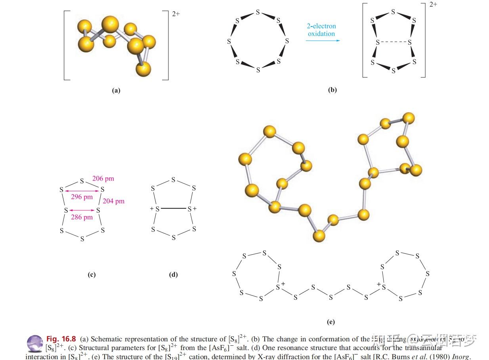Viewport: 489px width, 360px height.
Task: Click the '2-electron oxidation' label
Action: pos(321,30)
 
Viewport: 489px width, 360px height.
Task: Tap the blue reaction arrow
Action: pos(323,40)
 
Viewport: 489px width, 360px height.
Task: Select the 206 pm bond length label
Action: pos(103,179)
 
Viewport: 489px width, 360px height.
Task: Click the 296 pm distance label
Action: pos(82,197)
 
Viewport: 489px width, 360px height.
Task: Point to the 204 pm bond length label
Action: pos(114,201)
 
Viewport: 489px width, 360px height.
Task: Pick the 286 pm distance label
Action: pos(82,217)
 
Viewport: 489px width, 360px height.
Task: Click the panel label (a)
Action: pos(116,90)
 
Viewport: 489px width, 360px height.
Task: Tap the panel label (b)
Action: pos(332,90)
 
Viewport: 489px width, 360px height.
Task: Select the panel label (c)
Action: pos(92,275)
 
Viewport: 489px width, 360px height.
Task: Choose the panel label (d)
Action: pos(173,275)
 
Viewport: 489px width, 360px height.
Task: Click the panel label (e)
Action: pos(331,322)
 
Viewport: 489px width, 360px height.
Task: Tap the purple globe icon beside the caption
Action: pos(35,343)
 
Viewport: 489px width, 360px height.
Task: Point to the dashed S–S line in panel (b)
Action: pos(393,42)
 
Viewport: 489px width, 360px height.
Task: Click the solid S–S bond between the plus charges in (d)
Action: pos(173,208)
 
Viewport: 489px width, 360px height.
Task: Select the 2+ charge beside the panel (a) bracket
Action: pos(176,13)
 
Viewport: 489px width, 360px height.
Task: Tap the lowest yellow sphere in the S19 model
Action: pos(319,236)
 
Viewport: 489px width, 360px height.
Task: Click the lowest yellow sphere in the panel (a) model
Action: pos(143,69)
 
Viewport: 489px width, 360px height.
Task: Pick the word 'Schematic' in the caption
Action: pos(105,339)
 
